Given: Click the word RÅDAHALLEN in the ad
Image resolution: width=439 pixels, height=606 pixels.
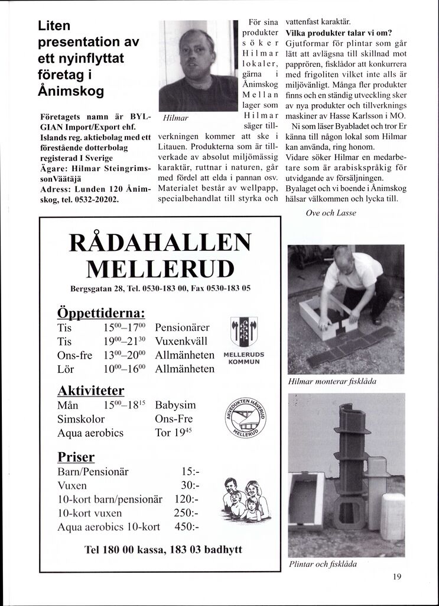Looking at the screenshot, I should [x=160, y=243].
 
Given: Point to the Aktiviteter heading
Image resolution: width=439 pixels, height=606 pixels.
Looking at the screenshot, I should [x=90, y=391].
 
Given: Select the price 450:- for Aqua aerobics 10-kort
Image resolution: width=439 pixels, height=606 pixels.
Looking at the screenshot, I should [x=187, y=526].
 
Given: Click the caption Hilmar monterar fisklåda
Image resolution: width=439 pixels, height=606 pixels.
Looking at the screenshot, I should [x=332, y=382].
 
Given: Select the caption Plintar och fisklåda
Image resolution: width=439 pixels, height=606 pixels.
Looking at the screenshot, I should [x=323, y=564].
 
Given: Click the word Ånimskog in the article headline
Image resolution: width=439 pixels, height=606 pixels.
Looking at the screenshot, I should [x=70, y=92].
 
